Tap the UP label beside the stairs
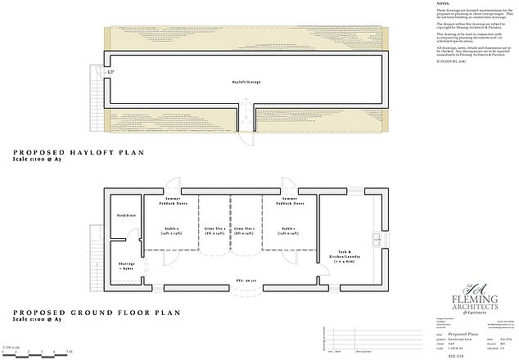click(x=111, y=74)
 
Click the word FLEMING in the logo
click(x=472, y=299)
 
